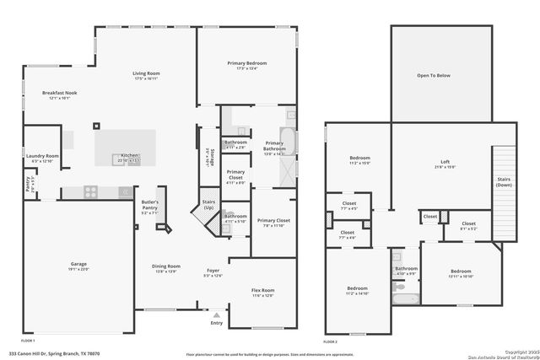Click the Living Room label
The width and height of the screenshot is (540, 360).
point(146,73)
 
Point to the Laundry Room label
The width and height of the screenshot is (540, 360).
point(41,156)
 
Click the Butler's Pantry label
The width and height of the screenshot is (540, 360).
point(149,205)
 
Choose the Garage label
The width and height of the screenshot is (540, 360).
point(78,265)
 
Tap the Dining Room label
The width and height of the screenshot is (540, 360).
point(165,268)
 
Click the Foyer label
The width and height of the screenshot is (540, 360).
point(212,271)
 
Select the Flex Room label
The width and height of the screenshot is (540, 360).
point(263,291)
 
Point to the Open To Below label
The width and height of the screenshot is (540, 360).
point(434,75)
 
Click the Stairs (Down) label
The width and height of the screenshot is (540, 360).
point(504,181)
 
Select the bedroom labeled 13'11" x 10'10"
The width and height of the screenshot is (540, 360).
point(460,272)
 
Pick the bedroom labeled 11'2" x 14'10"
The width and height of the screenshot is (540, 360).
point(357,290)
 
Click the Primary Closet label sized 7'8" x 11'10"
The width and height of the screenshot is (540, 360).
point(273,222)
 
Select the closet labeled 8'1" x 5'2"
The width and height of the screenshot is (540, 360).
point(468,225)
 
